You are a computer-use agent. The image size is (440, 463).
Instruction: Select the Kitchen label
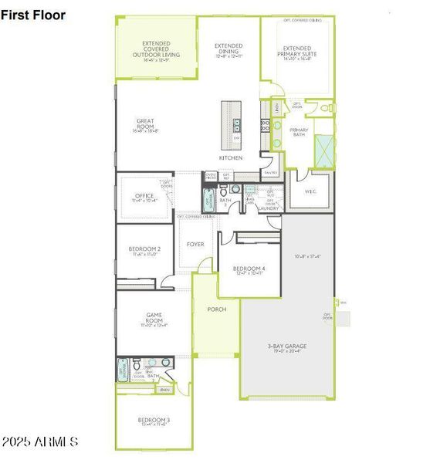[230, 157]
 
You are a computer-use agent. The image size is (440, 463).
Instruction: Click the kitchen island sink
[237, 124]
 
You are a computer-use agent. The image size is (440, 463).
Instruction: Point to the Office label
[144, 196]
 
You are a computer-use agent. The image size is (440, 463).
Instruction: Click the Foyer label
[196, 245]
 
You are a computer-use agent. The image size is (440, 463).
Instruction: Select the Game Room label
[153, 318]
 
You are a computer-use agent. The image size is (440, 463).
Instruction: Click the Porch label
[217, 309]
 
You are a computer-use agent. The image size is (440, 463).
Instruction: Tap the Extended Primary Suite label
[297, 51]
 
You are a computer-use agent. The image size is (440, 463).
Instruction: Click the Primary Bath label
[299, 132]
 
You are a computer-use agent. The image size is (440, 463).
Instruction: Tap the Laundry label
[269, 208]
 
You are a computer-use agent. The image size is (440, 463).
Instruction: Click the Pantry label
[270, 172]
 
